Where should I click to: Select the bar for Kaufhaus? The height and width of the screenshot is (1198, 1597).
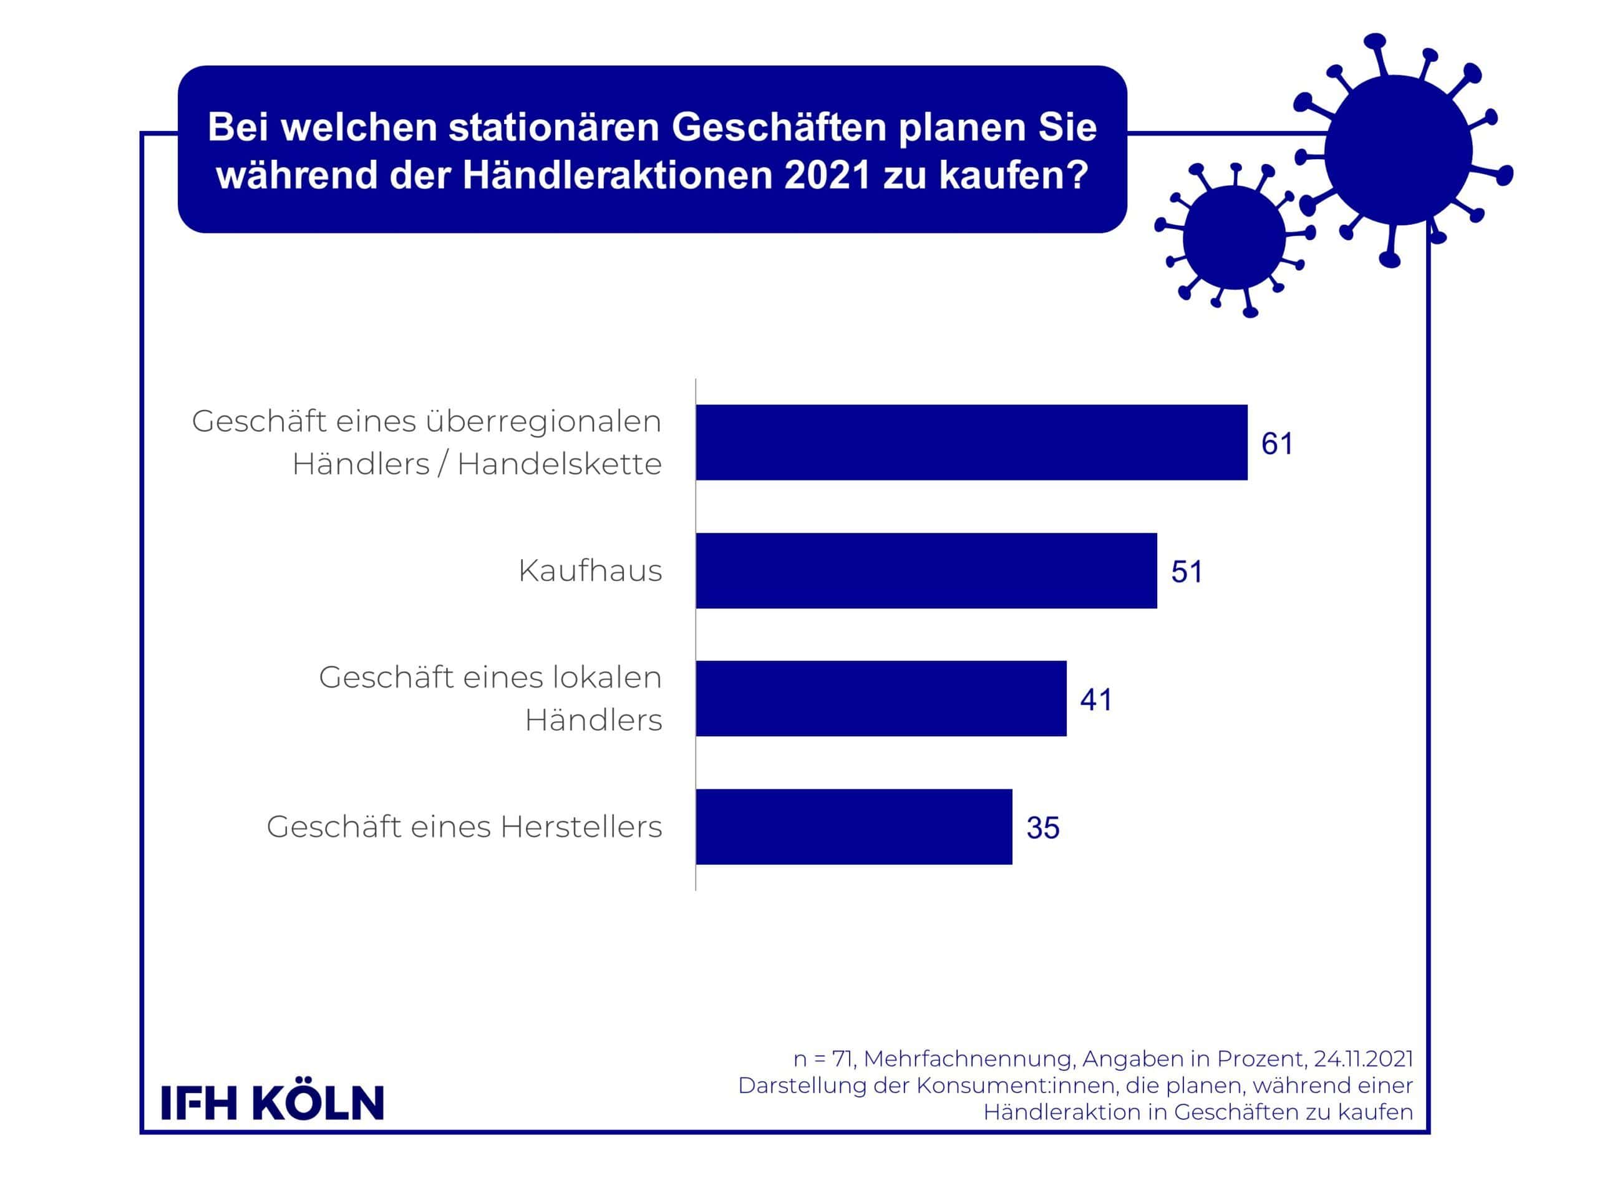point(926,570)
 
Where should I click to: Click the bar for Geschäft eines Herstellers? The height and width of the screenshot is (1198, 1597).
point(854,827)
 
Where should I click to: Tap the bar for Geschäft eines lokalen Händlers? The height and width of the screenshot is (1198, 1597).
point(881,698)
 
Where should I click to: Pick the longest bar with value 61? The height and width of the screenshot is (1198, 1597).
point(972,442)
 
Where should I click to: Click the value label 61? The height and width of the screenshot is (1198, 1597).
point(1277,444)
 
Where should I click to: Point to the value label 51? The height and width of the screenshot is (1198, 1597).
point(1187,572)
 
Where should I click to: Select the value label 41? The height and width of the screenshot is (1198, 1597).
point(1096,699)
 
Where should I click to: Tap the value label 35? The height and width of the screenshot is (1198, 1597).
point(1042,828)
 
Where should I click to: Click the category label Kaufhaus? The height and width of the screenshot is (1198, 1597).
point(590,570)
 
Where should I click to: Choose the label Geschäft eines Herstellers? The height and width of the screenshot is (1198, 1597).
point(464,827)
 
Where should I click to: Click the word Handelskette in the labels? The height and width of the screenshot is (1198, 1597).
point(560,464)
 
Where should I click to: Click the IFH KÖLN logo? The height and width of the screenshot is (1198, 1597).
point(272,1103)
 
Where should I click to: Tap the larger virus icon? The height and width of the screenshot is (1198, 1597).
point(1399,150)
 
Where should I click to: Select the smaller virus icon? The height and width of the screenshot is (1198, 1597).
point(1234,238)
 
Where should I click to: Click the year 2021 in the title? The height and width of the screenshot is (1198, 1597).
point(827,175)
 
